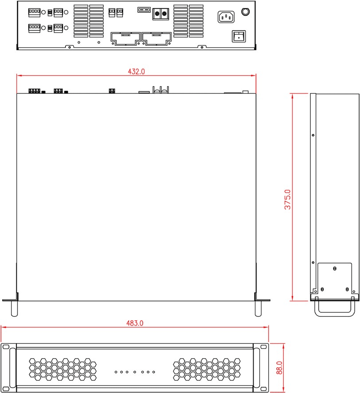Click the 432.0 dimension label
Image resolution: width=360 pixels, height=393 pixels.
click(136, 72)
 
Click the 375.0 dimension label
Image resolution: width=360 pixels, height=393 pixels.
click(288, 200)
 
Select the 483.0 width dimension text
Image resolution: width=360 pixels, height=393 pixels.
click(135, 323)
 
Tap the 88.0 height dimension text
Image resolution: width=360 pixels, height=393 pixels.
click(279, 368)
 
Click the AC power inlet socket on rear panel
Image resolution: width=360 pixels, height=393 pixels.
click(226, 17)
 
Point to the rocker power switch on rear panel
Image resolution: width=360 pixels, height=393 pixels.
click(239, 36)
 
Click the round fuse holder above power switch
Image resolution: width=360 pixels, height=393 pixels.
click(245, 12)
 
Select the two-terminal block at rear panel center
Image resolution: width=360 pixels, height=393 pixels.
click(160, 14)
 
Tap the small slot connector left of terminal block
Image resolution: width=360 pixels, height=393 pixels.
click(144, 10)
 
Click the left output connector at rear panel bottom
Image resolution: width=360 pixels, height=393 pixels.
click(125, 39)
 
